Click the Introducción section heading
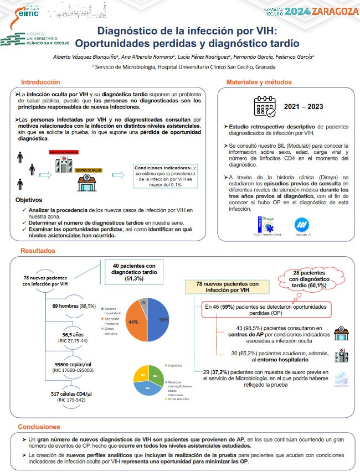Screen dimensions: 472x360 pyautogui.click(x=40, y=82)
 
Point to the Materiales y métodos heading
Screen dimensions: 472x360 pyautogui.click(x=259, y=82)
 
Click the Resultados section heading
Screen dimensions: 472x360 pyautogui.click(x=37, y=251)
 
